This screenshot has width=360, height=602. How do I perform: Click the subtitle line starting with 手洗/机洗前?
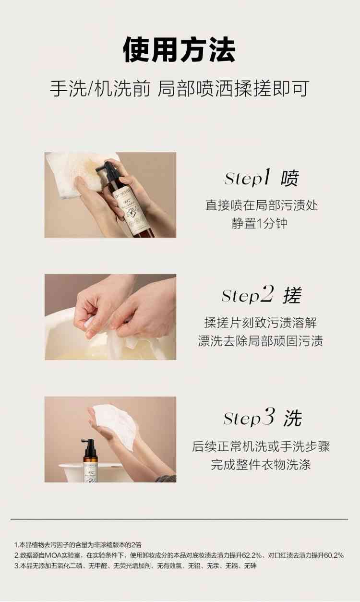pyautogui.click(x=180, y=88)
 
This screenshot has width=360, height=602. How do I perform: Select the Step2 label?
pyautogui.click(x=248, y=295)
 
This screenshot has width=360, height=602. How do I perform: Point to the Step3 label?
pyautogui.click(x=249, y=417)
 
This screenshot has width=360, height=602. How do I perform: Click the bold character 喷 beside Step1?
pyautogui.click(x=289, y=178)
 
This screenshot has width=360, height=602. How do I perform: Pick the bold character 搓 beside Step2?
pyautogui.click(x=292, y=295)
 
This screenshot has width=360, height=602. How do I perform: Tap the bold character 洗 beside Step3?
pyautogui.click(x=293, y=418)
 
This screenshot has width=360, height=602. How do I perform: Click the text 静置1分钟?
pyautogui.click(x=260, y=223)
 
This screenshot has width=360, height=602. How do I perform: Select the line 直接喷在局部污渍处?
pyautogui.click(x=262, y=205)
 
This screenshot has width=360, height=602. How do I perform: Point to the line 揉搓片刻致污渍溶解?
pyautogui.click(x=261, y=323)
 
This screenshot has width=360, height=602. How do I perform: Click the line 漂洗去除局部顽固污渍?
pyautogui.click(x=261, y=341)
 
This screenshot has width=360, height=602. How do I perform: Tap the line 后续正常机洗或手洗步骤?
pyautogui.click(x=261, y=446)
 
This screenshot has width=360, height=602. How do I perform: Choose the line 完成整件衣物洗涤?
pyautogui.click(x=261, y=465)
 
